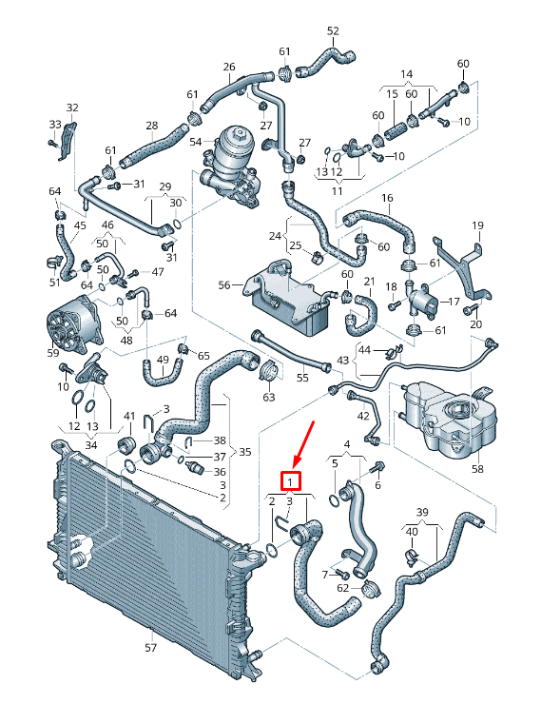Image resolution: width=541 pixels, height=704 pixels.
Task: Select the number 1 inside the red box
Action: pos(290,482)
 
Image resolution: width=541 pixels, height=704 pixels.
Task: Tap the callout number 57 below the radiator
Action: pos(150,649)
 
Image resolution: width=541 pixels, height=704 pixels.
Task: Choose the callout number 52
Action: pos(333,31)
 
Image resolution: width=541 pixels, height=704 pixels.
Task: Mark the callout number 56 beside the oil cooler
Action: pos(225,284)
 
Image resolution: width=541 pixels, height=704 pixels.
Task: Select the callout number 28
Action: pos(152,126)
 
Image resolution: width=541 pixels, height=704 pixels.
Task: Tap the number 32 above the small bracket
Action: pos(72,108)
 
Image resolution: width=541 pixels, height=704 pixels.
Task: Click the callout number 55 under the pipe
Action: pos(302,378)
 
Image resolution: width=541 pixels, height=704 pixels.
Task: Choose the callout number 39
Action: pos(423,513)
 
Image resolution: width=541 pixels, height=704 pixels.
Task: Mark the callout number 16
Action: pos(387,198)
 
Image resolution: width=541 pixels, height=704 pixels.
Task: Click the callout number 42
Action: pos(363,416)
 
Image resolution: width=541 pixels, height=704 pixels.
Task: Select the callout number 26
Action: pos(229,67)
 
